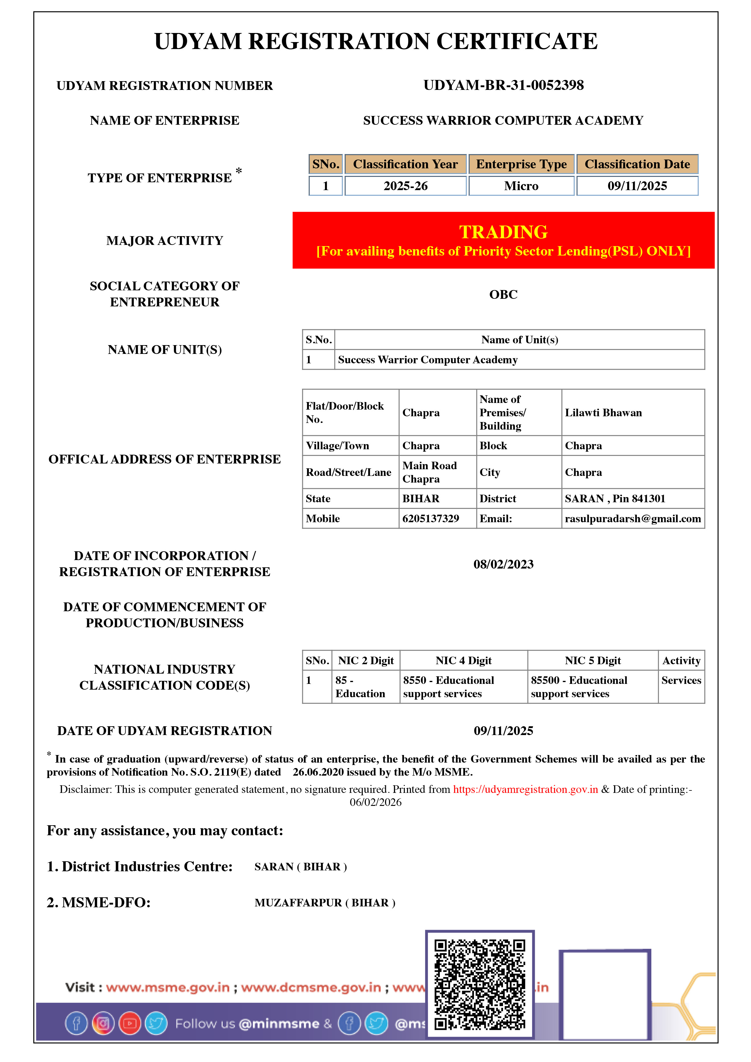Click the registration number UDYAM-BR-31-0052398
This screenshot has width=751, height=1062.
(x=504, y=85)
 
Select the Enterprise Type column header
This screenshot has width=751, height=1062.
(x=521, y=164)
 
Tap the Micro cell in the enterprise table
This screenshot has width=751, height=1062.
(x=521, y=186)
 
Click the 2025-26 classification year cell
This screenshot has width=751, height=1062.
(x=405, y=186)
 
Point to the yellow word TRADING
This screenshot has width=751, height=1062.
(x=504, y=232)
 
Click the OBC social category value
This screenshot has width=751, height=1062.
(x=504, y=294)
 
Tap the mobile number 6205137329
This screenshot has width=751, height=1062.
(x=430, y=519)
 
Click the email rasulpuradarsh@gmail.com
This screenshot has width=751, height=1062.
(x=633, y=519)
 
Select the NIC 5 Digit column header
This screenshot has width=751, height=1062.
(x=592, y=661)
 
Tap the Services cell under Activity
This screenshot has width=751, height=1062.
(x=681, y=681)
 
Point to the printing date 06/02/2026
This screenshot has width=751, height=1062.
(x=375, y=802)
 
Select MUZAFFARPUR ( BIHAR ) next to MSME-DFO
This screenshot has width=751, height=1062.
(x=325, y=902)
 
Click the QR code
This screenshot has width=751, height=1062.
(x=480, y=984)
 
